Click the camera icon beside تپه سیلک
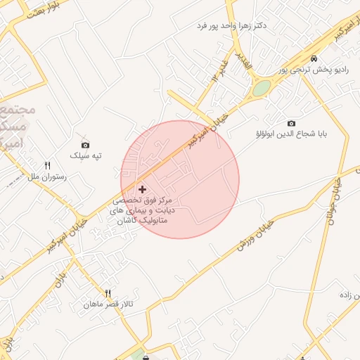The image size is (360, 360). click(86, 145)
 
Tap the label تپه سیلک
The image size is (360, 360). click(86, 155)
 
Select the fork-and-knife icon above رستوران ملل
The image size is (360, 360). click(48, 166)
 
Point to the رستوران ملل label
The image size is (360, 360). click(48, 177)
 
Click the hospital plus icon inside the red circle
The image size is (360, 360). click(143, 189)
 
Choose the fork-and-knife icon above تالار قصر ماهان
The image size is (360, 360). click(108, 293)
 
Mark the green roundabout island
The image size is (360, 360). click(262, 89)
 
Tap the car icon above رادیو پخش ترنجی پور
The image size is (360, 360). click(314, 58)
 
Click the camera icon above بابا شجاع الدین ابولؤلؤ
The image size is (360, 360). click(292, 124)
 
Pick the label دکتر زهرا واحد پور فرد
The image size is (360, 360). click(231, 25)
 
